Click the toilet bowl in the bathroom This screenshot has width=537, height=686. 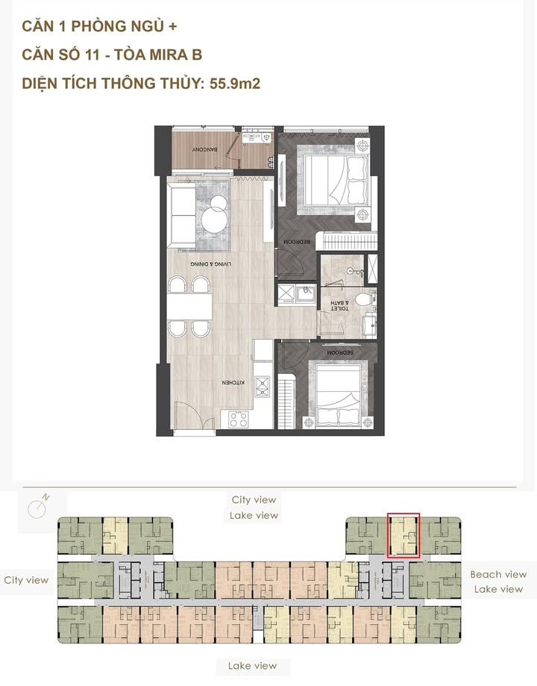(x=362, y=300)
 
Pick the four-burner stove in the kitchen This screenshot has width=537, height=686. (x=239, y=419)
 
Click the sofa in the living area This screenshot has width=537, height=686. (x=181, y=213)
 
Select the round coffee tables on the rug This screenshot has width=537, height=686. (x=217, y=216)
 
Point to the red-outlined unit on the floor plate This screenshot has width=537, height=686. (x=403, y=536)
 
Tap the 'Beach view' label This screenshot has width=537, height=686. (x=497, y=575)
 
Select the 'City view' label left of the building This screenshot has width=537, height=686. (x=26, y=580)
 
